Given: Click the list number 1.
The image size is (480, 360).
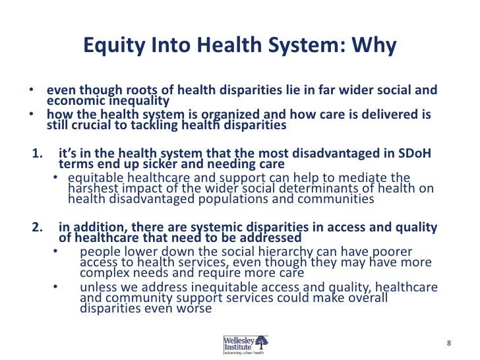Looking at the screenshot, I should [37, 154].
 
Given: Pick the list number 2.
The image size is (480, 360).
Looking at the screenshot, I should [37, 227].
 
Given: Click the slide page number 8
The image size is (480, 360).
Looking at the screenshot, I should [448, 343].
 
